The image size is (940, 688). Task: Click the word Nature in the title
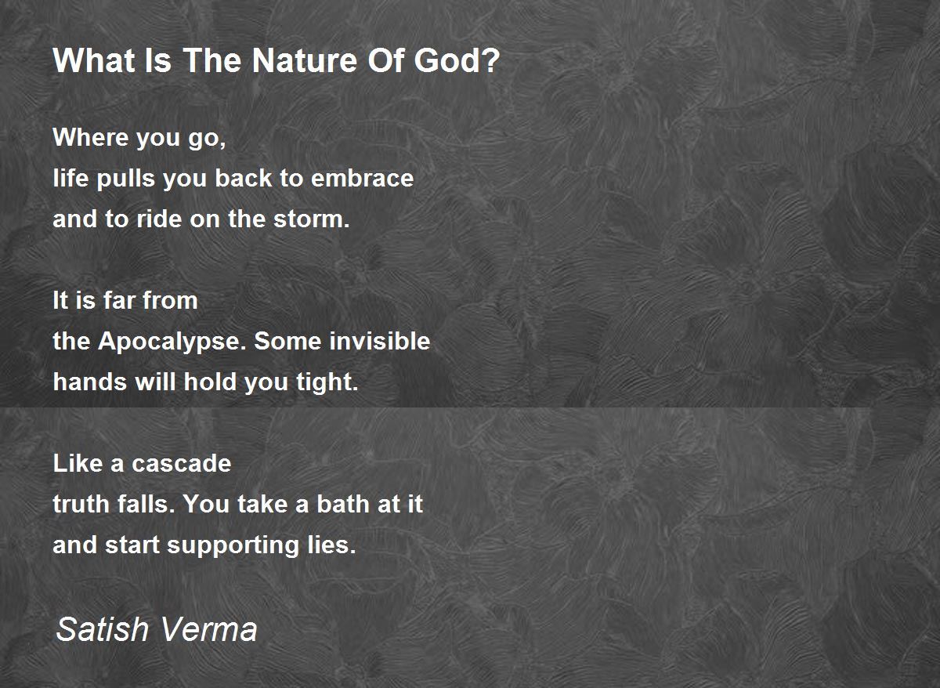pos(305,60)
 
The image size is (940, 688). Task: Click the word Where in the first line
pos(91,137)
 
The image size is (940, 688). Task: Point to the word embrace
pos(362,178)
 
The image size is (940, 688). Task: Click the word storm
pos(312,219)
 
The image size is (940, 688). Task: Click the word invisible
pos(379,340)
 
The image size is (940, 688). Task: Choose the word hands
pos(90,382)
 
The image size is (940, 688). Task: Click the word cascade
pos(181,463)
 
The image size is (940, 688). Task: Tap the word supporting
pos(233,545)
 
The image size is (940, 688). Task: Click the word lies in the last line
pos(331,545)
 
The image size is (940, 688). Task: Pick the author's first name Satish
pos(103,629)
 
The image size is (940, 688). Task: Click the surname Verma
pos(208,629)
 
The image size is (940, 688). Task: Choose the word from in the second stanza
pos(169,301)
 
